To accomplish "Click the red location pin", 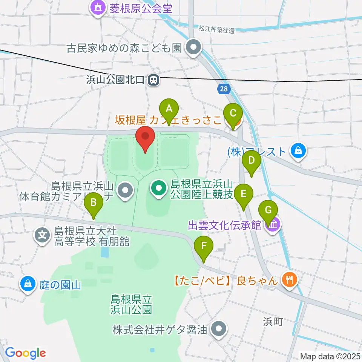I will [145, 139].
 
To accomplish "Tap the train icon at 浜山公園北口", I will [153, 80].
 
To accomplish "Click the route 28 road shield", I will [223, 89].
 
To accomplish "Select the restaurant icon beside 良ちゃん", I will [290, 280].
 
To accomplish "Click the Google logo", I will [25, 353].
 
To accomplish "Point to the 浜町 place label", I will [273, 322].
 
